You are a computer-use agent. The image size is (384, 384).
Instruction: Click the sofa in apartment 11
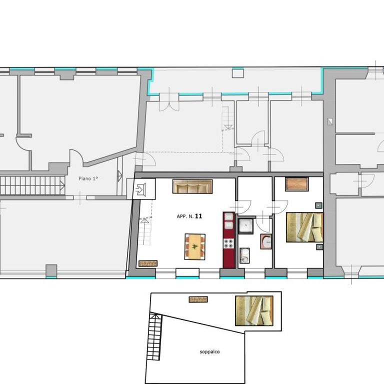[192, 186]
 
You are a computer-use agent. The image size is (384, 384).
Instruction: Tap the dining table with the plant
[195, 246]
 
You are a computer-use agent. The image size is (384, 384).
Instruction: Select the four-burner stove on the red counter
[228, 243]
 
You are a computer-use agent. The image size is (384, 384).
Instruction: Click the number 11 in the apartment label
[198, 216]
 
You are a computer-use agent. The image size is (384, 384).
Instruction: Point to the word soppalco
[209, 352]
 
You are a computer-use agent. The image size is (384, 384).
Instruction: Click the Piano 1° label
[88, 178]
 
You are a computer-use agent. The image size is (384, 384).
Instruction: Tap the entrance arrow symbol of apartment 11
[141, 189]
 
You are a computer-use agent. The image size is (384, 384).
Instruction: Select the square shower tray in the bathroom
[245, 226]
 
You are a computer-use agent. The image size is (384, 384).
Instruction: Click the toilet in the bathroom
[244, 255]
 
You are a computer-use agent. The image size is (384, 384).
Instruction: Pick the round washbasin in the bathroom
[266, 241]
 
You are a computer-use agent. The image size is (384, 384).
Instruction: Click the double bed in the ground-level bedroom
[304, 227]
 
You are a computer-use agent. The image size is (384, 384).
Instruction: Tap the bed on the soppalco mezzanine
[254, 311]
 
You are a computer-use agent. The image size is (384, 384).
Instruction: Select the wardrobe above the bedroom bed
[296, 184]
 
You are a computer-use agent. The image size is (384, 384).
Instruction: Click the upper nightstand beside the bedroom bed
[318, 205]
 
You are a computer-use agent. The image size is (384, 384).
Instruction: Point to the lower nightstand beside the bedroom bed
[319, 246]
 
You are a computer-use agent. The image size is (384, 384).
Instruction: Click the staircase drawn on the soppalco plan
[155, 337]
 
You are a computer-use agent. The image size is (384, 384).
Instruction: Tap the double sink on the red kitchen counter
[228, 221]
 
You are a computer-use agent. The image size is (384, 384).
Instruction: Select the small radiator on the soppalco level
[198, 299]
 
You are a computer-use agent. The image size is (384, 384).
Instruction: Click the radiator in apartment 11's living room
[148, 263]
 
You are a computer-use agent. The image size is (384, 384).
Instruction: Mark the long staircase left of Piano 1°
[32, 185]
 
